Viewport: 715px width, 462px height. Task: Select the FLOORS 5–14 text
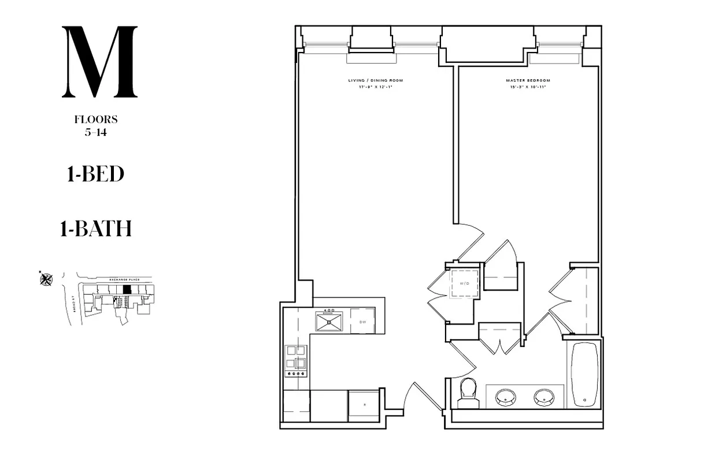point(96,125)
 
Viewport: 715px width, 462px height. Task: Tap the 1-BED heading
point(96,174)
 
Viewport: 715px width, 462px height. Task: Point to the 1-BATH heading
point(96,229)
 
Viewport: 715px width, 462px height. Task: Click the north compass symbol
point(46,280)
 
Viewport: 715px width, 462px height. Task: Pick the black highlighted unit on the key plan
point(128,289)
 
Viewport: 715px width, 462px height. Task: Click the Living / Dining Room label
point(376,80)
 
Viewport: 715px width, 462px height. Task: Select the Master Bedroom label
point(528,80)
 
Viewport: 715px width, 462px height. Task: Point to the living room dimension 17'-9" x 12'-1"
point(376,87)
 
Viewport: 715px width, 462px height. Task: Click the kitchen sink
point(329,322)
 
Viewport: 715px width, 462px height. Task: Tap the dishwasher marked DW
point(362,322)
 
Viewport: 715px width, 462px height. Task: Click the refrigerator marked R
point(364,405)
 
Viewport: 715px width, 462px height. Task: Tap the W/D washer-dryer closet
point(464,284)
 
